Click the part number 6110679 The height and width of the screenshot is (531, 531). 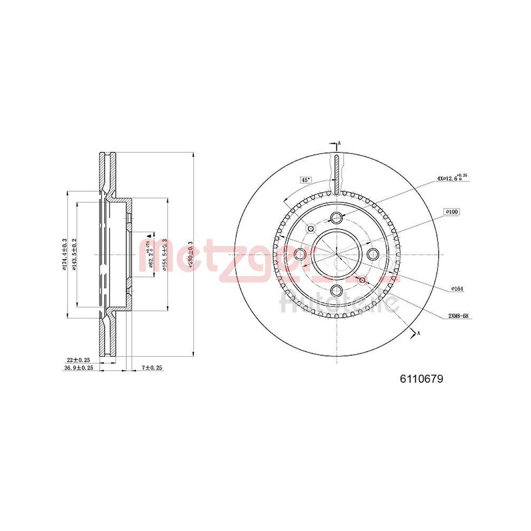421,379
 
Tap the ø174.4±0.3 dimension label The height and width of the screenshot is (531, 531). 64,254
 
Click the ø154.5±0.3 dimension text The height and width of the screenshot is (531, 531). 165,255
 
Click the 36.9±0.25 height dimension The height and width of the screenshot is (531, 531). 79,367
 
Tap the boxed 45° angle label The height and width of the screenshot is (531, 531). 305,180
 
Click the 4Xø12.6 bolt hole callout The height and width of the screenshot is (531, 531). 451,178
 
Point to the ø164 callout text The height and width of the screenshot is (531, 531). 458,288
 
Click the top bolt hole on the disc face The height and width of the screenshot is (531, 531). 337,217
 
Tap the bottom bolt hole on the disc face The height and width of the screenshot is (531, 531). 337,290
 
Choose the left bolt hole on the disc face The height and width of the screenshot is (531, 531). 300,254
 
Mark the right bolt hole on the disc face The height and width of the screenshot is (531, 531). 373,254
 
